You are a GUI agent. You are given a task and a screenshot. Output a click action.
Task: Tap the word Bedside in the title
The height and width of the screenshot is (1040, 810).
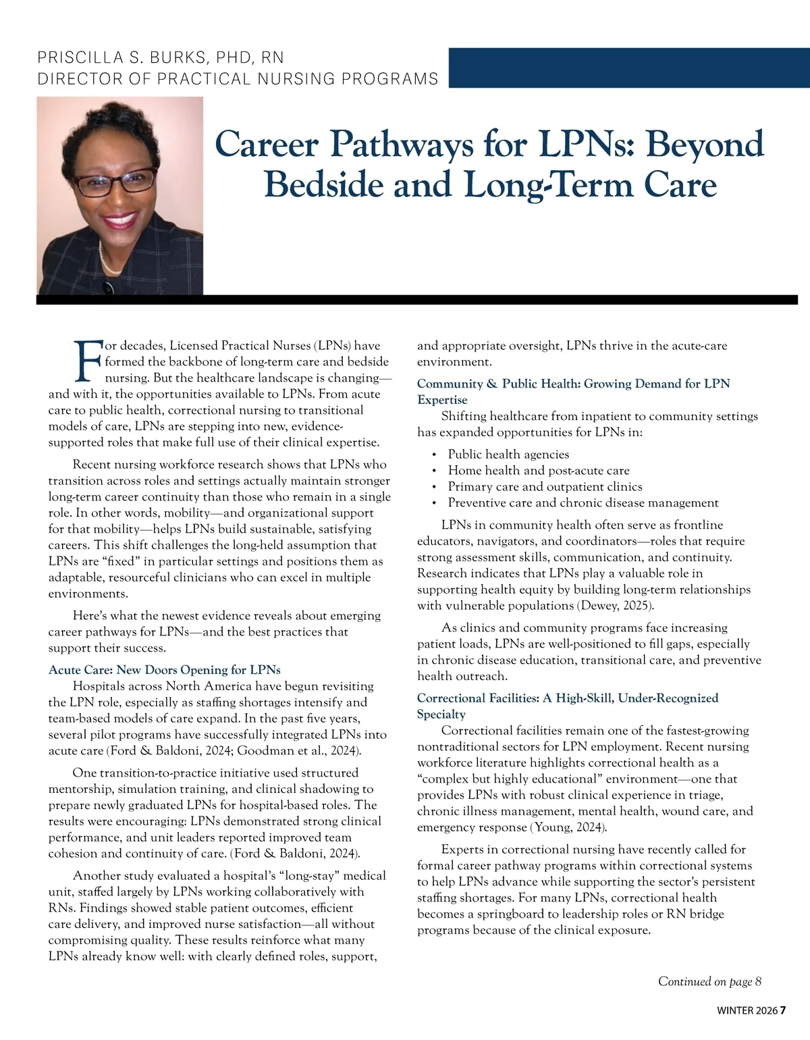tap(323, 184)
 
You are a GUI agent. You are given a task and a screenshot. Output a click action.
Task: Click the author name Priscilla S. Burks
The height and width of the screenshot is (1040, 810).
tap(161, 58)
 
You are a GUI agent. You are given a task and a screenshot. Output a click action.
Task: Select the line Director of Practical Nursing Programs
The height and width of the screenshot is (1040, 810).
tap(238, 79)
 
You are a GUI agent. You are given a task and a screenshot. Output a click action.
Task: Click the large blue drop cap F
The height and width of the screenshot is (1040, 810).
tap(88, 361)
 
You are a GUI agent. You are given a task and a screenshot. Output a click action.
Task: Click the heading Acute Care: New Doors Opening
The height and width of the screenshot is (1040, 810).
tap(164, 670)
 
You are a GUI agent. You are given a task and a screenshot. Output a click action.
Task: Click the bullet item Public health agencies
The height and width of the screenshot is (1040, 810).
tap(508, 454)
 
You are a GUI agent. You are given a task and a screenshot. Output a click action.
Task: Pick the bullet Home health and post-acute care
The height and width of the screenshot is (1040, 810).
tap(538, 471)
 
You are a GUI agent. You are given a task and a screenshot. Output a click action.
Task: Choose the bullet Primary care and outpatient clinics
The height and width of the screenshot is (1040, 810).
tap(545, 487)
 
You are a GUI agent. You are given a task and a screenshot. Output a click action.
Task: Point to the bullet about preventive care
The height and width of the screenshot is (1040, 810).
tap(583, 503)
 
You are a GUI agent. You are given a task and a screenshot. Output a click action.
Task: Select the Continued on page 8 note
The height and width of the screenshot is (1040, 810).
tap(709, 981)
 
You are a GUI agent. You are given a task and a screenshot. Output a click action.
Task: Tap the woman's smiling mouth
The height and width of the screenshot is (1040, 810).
tap(119, 220)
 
